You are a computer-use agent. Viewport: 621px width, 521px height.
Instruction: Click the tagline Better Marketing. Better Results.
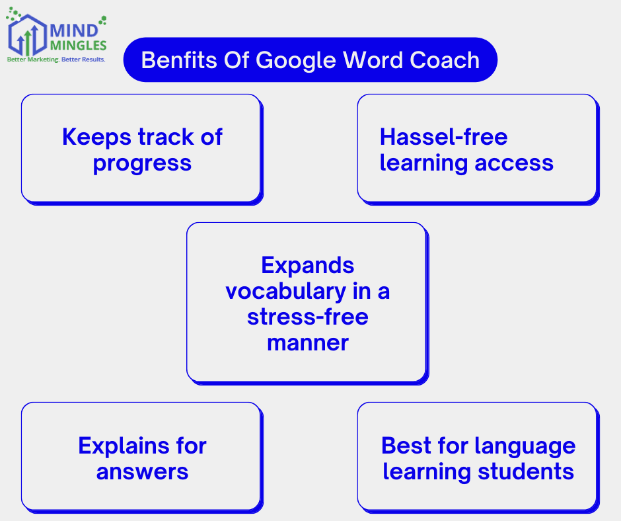tap(55, 60)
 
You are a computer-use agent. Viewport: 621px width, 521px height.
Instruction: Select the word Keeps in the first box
tap(96, 138)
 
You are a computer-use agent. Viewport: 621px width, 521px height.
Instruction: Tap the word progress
tap(142, 163)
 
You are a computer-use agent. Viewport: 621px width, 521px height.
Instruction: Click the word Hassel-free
tap(443, 138)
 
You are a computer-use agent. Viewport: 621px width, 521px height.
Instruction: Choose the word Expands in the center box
tap(307, 266)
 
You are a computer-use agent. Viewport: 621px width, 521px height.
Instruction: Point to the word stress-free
tap(307, 317)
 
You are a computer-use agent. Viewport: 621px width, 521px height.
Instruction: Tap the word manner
tap(307, 343)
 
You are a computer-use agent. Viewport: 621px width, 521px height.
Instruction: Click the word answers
tap(142, 472)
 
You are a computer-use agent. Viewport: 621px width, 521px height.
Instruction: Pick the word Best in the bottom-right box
tap(406, 446)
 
